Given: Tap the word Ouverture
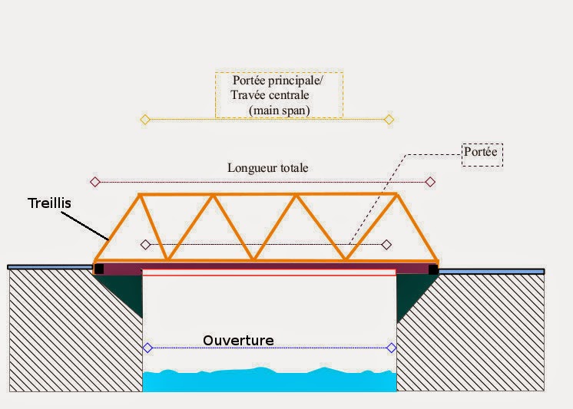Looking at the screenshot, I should click(x=238, y=340).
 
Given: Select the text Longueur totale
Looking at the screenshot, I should click(x=268, y=167).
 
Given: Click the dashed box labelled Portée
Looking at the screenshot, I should click(x=482, y=153).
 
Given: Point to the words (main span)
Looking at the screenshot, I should click(x=279, y=110).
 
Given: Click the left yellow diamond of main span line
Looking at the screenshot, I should click(x=144, y=119).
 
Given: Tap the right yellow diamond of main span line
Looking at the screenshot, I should click(x=389, y=119).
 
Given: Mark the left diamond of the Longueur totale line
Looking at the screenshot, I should click(x=95, y=182).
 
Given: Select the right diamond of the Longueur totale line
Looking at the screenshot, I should click(x=430, y=182).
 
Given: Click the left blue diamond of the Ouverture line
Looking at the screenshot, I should click(x=147, y=348).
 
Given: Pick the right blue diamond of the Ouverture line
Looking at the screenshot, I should click(x=392, y=348).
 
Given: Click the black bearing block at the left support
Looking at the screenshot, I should click(x=98, y=269).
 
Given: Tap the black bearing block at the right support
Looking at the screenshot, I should click(x=433, y=269).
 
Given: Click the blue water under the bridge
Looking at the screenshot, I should click(x=269, y=381).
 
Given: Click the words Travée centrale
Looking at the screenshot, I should click(x=270, y=95).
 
